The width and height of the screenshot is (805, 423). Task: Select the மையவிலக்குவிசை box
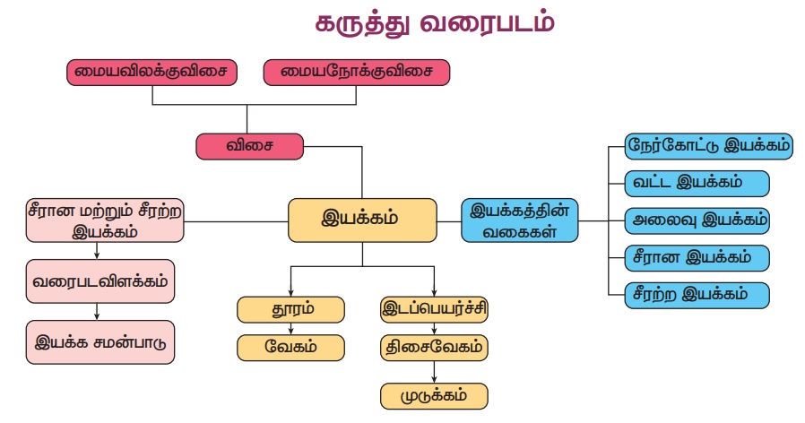pyautogui.click(x=151, y=73)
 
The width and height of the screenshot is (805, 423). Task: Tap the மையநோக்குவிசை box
pyautogui.click(x=356, y=73)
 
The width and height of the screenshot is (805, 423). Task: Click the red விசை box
pyautogui.click(x=249, y=145)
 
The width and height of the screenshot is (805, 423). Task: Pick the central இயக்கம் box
pyautogui.click(x=361, y=220)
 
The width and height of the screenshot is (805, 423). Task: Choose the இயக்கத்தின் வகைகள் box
pyautogui.click(x=520, y=220)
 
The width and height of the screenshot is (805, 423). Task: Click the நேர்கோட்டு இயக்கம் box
pyautogui.click(x=709, y=146)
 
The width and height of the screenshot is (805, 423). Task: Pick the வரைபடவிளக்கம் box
pyautogui.click(x=98, y=282)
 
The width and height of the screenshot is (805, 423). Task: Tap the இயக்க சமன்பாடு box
pyautogui.click(x=100, y=341)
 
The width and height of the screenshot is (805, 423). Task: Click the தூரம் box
pyautogui.click(x=290, y=310)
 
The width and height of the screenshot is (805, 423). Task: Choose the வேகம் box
pyautogui.click(x=290, y=346)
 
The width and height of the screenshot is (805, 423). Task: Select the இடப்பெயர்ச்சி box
pyautogui.click(x=434, y=310)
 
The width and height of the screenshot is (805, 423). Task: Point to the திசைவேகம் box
pyautogui.click(x=434, y=346)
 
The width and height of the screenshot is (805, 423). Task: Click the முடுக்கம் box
pyautogui.click(x=435, y=394)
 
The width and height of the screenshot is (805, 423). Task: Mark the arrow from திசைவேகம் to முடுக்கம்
pyautogui.click(x=435, y=371)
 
